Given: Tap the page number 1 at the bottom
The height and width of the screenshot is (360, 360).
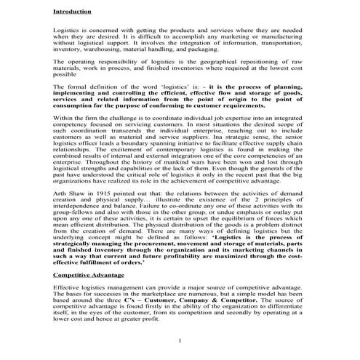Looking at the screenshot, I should point(178,340).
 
